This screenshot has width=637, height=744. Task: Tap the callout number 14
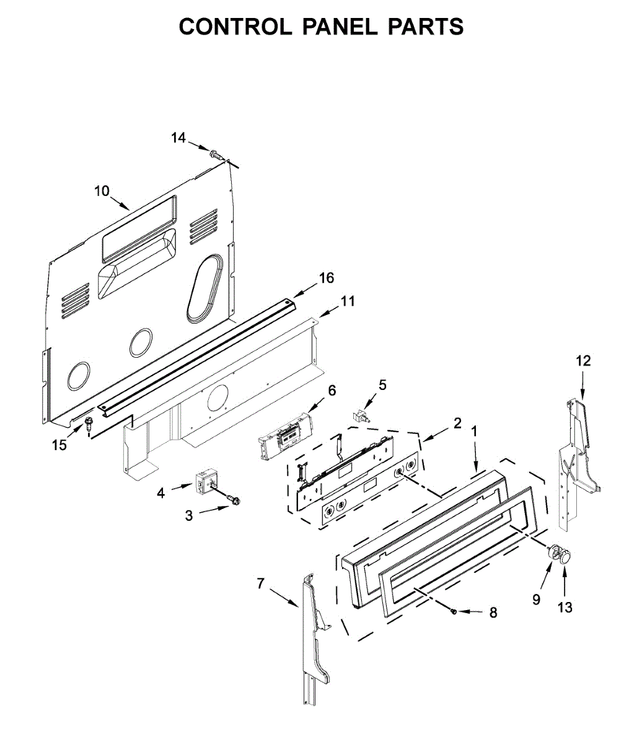[x=178, y=138]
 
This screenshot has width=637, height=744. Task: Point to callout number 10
[x=102, y=190]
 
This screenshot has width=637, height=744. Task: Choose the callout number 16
[x=326, y=278]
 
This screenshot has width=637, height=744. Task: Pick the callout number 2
[x=457, y=423]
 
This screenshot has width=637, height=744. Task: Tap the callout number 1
[x=475, y=430]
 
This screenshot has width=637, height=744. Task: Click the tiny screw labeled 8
[x=454, y=611]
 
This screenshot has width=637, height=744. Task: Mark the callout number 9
[x=536, y=599]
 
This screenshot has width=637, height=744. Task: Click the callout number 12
[x=583, y=360]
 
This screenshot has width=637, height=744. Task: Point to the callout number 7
[x=260, y=583]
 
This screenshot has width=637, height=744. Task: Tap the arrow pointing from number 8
[x=471, y=612]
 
